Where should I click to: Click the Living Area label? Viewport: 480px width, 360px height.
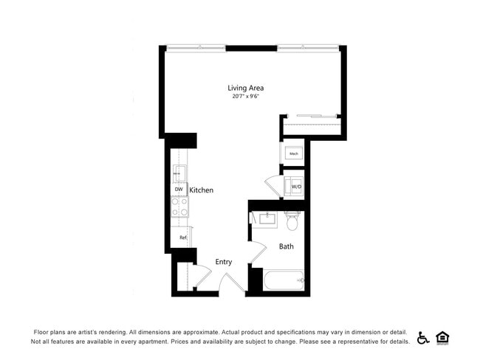coord(245,88)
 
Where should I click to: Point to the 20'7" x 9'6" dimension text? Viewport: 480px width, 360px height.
coord(245,97)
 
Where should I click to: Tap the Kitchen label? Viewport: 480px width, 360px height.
coord(201,190)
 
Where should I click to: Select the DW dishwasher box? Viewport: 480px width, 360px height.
coord(179,190)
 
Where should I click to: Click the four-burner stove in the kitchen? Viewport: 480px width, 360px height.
coord(179,207)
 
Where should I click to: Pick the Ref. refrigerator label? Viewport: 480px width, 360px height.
coord(182,238)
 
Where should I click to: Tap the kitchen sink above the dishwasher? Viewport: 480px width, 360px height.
coord(178,174)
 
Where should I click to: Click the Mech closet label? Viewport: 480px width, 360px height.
coord(293,153)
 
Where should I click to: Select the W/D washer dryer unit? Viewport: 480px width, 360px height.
coord(295,187)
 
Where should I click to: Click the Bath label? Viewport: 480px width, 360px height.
coord(286,246)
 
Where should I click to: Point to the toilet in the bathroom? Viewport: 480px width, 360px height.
coord(292,221)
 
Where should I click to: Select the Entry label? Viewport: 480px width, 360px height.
coord(223,262)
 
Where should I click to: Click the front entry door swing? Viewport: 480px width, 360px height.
coord(233,283)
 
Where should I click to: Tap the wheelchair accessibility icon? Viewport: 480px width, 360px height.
coord(424,338)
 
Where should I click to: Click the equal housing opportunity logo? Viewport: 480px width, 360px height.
coord(443,338)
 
